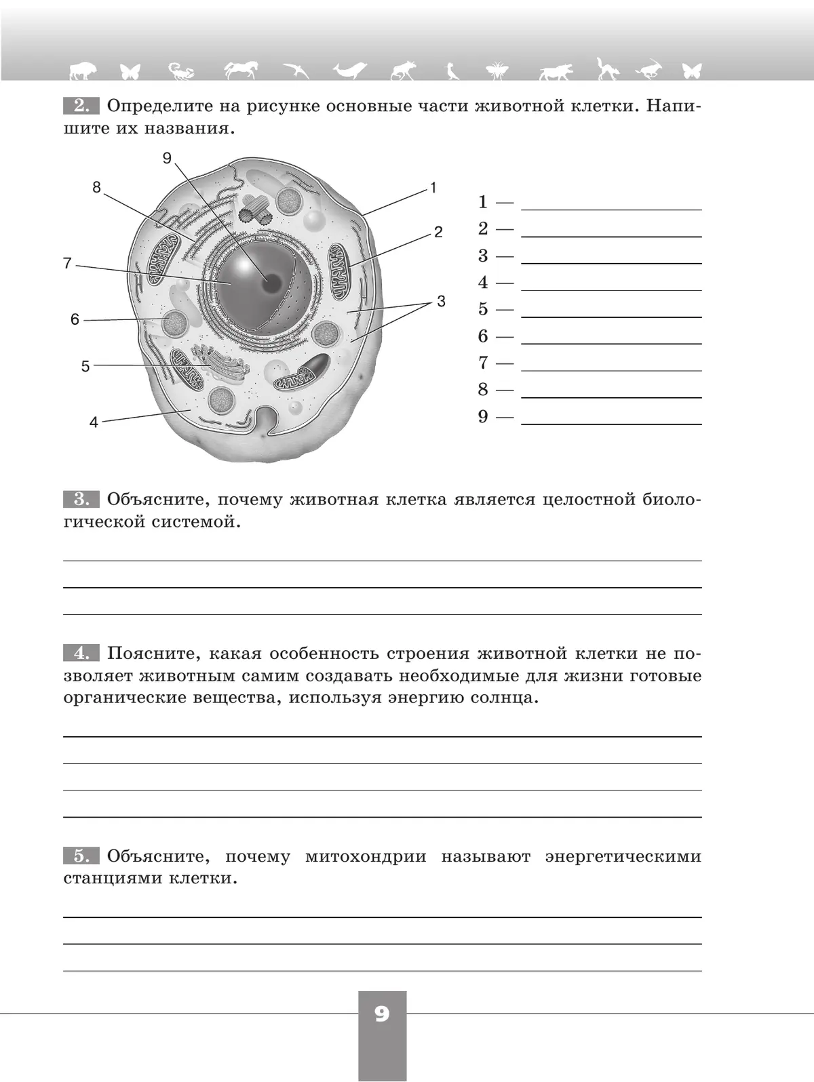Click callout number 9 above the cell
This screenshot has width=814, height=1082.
(x=168, y=158)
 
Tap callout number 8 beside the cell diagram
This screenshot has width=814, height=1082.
(x=96, y=187)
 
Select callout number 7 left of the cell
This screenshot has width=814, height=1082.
(x=67, y=263)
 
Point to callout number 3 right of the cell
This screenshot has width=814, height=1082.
(x=441, y=301)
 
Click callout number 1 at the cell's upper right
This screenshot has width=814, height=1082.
(x=433, y=188)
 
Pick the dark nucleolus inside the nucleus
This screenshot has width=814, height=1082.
(x=272, y=283)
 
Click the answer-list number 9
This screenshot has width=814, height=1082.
(x=483, y=416)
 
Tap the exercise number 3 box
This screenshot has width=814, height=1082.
(x=81, y=500)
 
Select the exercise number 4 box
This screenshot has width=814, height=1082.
(x=81, y=654)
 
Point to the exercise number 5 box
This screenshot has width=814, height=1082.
(x=81, y=856)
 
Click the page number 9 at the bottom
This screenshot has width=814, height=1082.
(x=382, y=1014)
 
